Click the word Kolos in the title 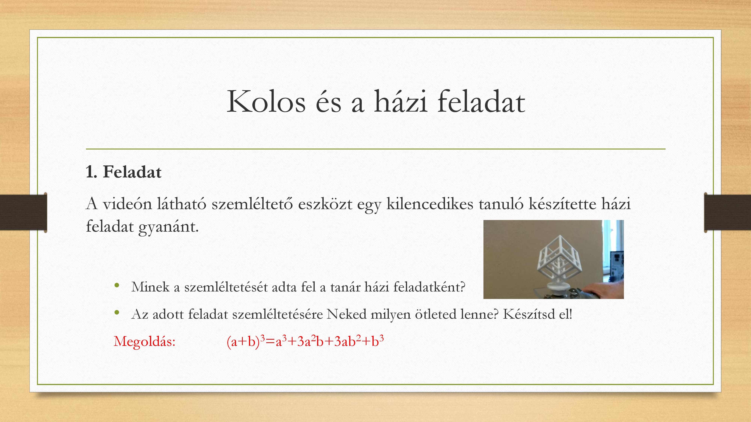pos(266,101)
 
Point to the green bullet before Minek pos(117,285)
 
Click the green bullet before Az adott pos(117,312)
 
